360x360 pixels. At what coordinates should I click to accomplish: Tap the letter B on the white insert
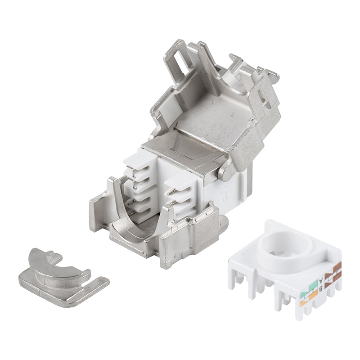point(320,288)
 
